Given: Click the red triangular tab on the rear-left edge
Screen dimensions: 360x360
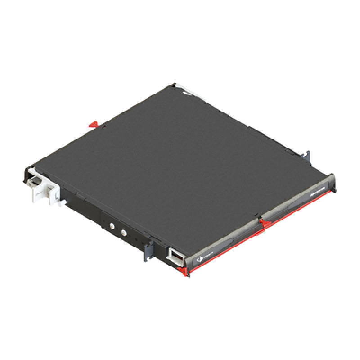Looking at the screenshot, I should point(93,123).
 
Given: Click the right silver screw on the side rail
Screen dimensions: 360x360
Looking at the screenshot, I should point(123,233).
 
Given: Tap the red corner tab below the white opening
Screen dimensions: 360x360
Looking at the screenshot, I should point(183,271).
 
